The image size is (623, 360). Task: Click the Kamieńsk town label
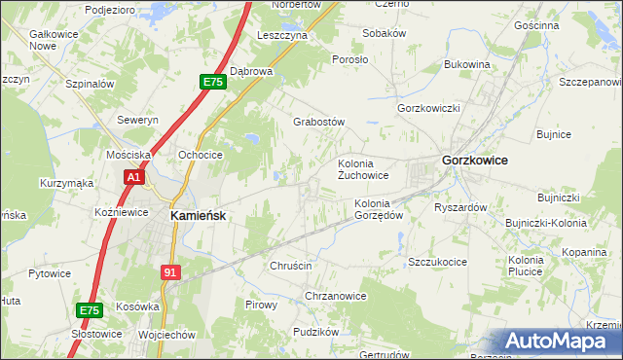pyautogui.click(x=199, y=216)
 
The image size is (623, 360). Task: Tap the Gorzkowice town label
pyautogui.click(x=475, y=160)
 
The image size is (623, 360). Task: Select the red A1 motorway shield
pyautogui.click(x=134, y=178)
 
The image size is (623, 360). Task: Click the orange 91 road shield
pyautogui.click(x=171, y=274)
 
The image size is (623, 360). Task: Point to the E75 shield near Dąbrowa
pyautogui.click(x=214, y=84)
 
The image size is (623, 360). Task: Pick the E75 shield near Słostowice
pyautogui.click(x=89, y=310)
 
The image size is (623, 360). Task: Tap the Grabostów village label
pyautogui.click(x=320, y=123)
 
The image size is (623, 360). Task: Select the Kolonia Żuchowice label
pyautogui.click(x=363, y=169)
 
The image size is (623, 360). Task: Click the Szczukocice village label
pyautogui.click(x=438, y=263)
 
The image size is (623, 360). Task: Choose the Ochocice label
pyautogui.click(x=201, y=155)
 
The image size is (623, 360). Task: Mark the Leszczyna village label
pyautogui.click(x=281, y=35)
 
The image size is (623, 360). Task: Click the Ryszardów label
pyautogui.click(x=460, y=207)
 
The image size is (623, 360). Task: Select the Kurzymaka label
pyautogui.click(x=66, y=183)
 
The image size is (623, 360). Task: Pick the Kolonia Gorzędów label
pyautogui.click(x=379, y=209)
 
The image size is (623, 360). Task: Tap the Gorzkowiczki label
pyautogui.click(x=428, y=108)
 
